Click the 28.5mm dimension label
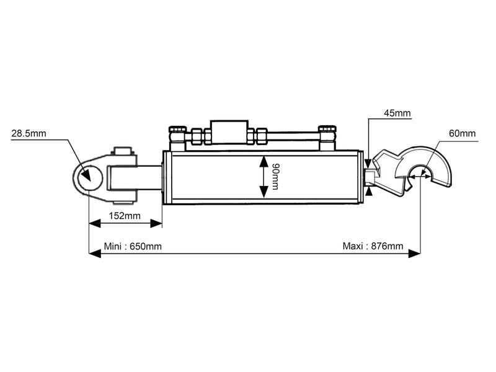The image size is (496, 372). click(29, 133)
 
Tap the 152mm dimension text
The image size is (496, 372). click(125, 216)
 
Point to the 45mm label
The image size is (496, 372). click(397, 113)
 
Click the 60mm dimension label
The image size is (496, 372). click(463, 133)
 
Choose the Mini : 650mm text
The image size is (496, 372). click(133, 246)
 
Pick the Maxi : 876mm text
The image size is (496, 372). click(373, 246)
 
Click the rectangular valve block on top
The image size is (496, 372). click(229, 133)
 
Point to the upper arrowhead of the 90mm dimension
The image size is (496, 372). click(262, 159)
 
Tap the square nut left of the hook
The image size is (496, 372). click(371, 177)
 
